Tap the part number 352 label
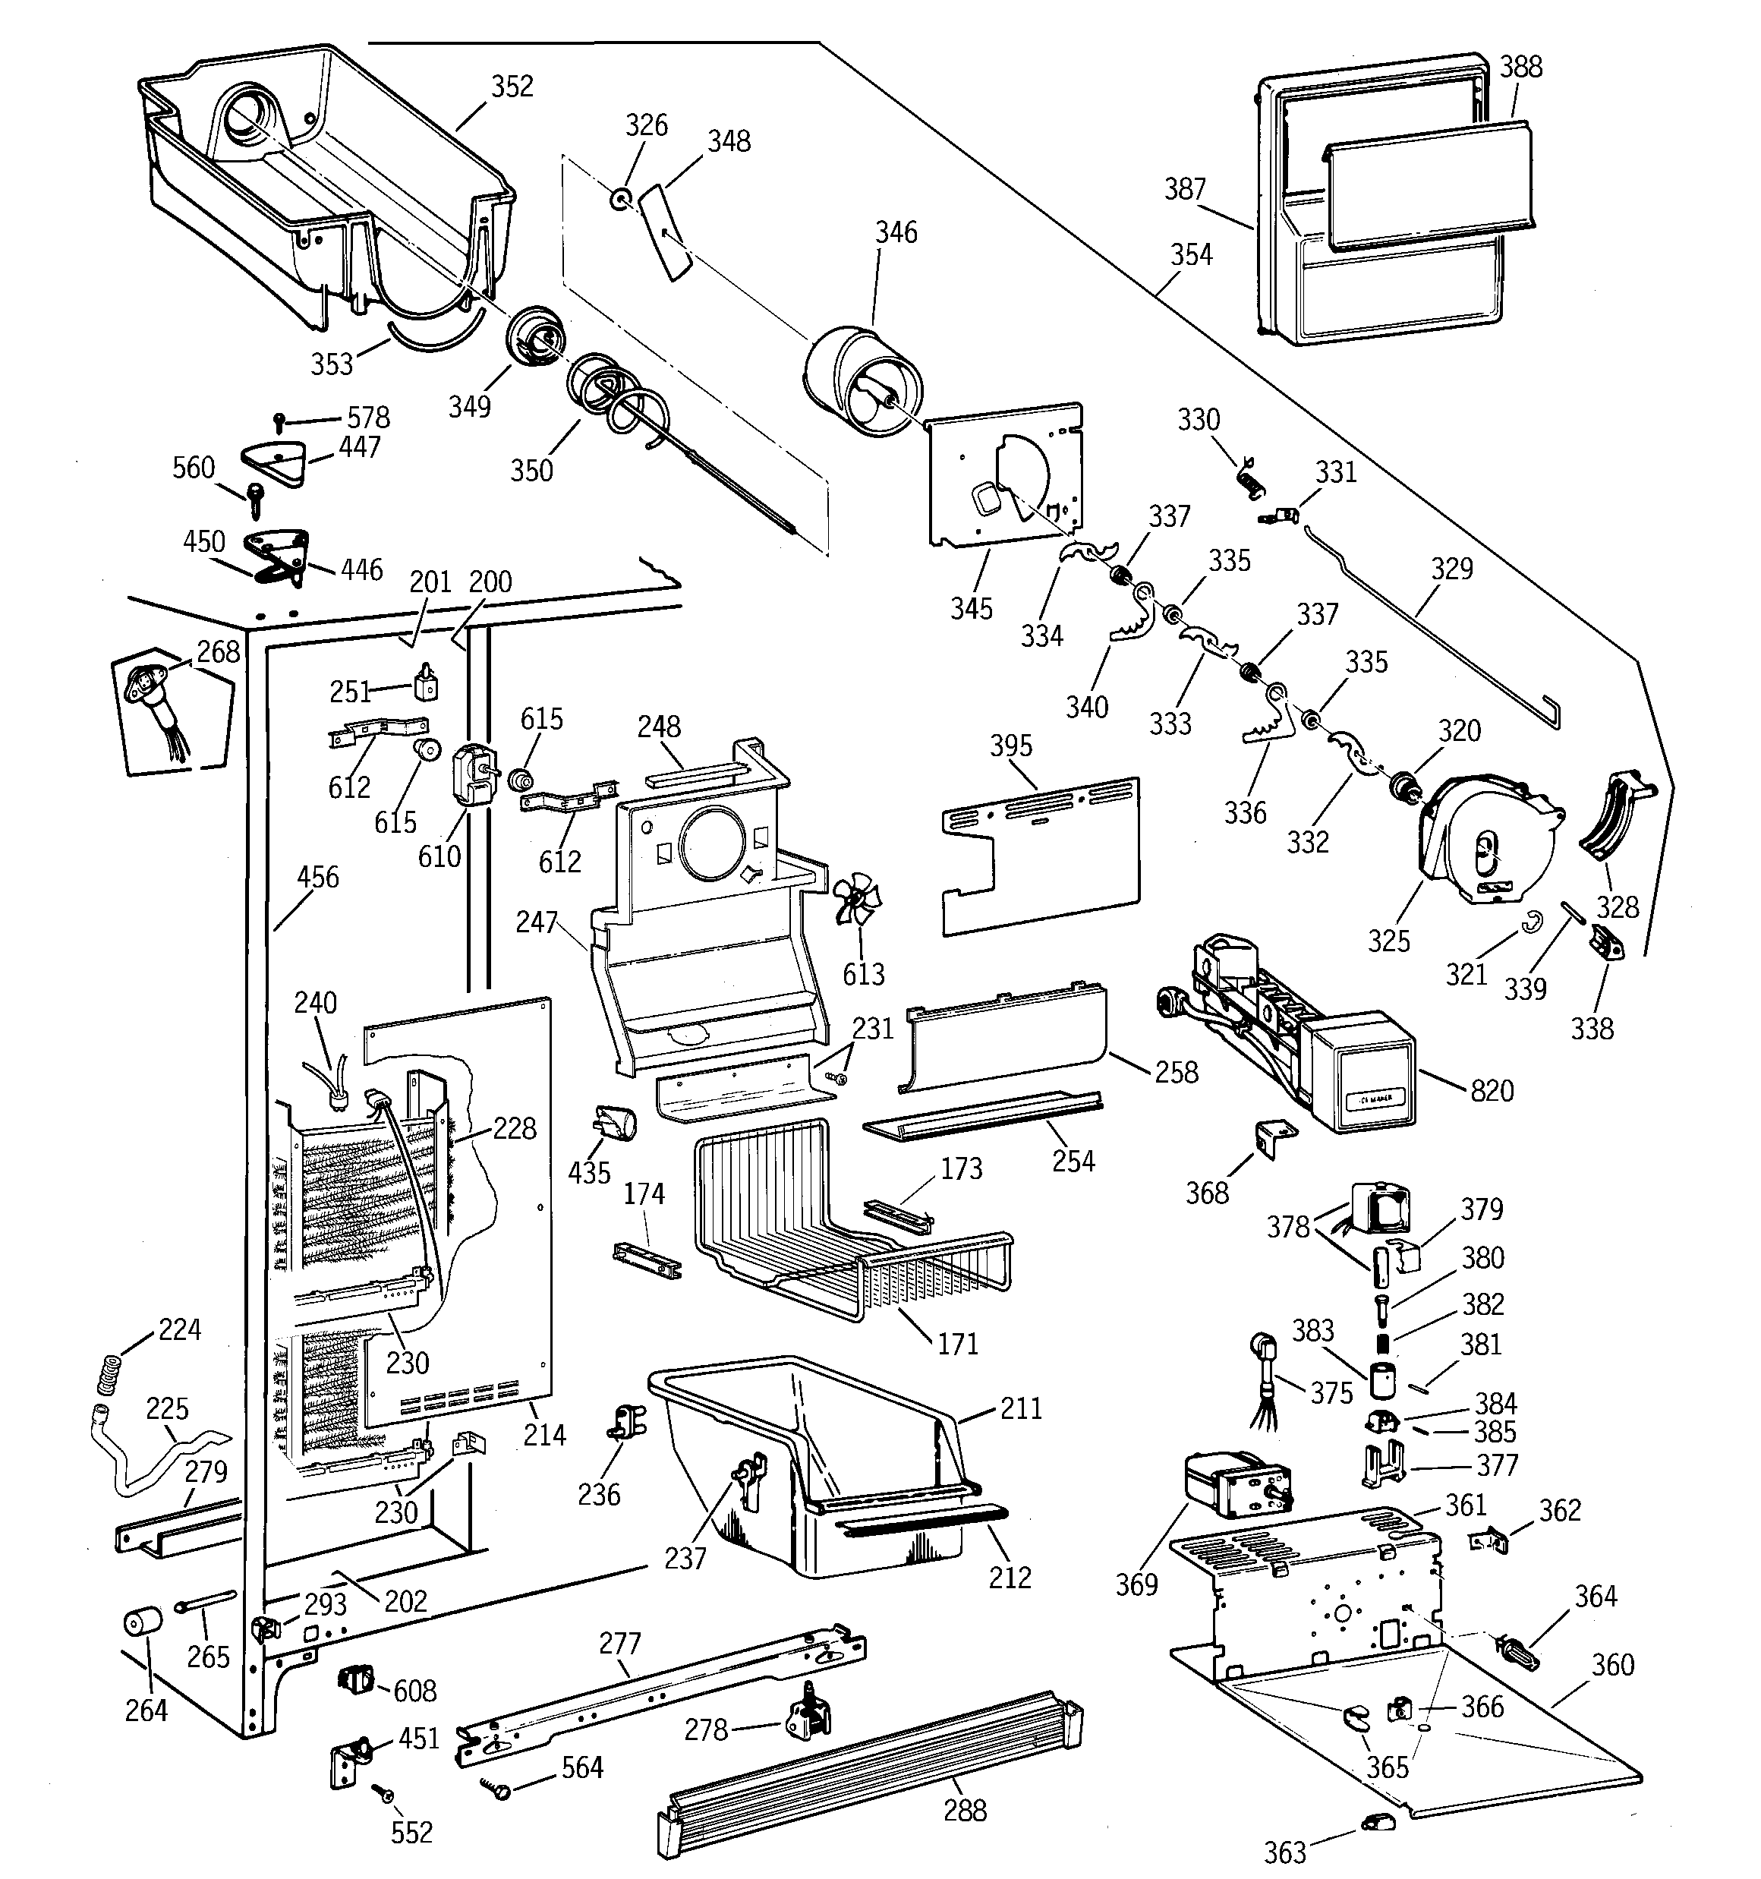click(x=512, y=86)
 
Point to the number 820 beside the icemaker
click(x=1492, y=1091)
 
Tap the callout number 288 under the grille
click(x=964, y=1809)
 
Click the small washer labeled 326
click(x=621, y=200)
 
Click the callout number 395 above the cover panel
click(x=1010, y=746)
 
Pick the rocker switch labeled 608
click(x=355, y=1679)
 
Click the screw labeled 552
click(x=382, y=1791)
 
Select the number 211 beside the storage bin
click(x=1020, y=1409)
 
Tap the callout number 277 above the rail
click(x=619, y=1643)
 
